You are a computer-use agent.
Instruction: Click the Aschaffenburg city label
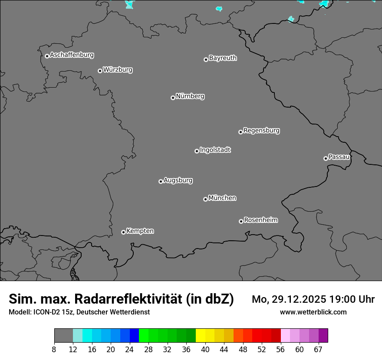72,55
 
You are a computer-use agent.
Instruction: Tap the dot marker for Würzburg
100,71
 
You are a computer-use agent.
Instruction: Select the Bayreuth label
223,58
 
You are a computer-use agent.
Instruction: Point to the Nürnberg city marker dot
173,98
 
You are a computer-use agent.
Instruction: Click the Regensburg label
261,131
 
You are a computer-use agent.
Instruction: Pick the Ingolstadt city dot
197,151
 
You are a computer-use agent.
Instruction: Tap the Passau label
339,157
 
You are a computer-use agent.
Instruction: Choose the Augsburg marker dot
161,181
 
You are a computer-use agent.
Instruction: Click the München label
222,198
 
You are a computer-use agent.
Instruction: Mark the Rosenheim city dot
241,222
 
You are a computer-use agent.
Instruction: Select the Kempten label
140,231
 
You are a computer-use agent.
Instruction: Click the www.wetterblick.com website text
313,312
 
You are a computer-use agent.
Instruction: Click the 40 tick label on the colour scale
205,350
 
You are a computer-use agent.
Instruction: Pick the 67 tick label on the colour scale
318,350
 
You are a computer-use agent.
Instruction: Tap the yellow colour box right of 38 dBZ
200,336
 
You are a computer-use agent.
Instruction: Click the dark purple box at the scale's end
323,336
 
